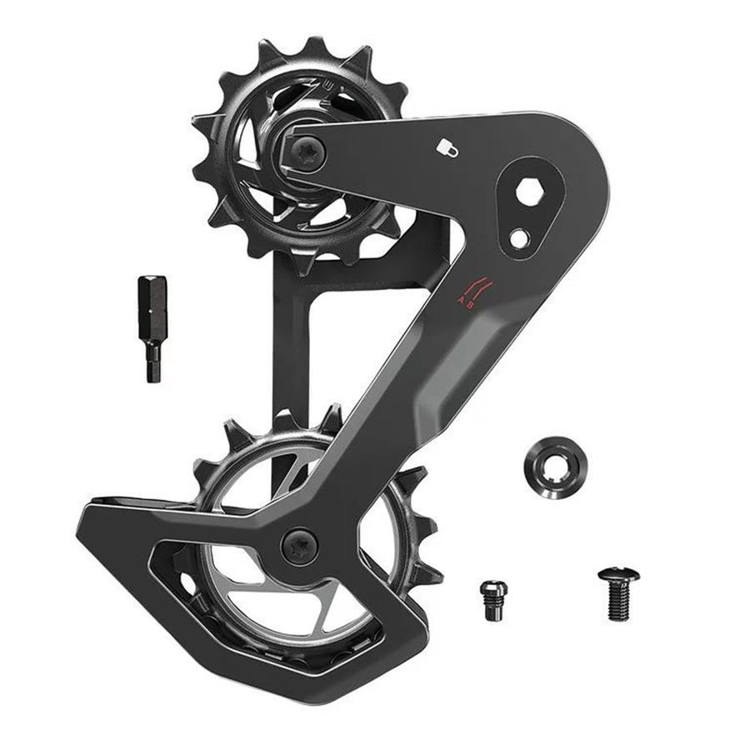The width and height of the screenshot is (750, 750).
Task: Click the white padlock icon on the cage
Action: (x=447, y=147)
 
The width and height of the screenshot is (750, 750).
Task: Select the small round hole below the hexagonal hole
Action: (x=519, y=238)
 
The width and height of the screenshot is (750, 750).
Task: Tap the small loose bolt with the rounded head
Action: (x=492, y=598)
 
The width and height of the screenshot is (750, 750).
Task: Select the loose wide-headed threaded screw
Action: (x=618, y=593)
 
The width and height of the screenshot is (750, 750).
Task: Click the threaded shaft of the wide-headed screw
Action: (x=618, y=604)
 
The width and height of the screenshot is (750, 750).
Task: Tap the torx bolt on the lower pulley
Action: (x=299, y=547)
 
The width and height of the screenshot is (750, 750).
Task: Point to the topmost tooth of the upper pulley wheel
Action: (x=314, y=47)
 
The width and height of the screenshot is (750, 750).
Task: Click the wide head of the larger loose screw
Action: (x=618, y=575)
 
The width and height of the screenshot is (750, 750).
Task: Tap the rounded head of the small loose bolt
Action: (x=492, y=587)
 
